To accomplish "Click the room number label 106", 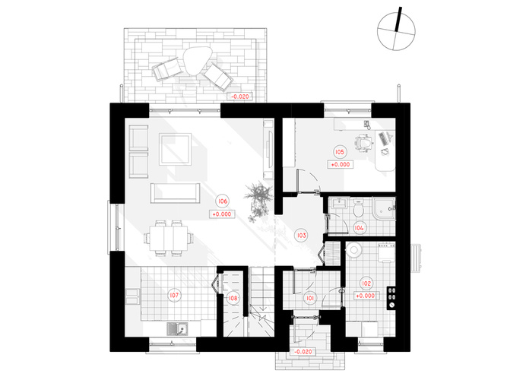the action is point(223,201).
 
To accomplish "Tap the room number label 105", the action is point(340,152).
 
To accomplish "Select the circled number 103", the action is point(301,235).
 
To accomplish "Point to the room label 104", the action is point(359,228).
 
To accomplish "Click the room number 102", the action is point(366,283).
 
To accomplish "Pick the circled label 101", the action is point(310,298).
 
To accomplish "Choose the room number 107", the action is point(174,295).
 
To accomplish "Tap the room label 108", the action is point(233,298).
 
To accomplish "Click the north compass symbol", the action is point(396,30).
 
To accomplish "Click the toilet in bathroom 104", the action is point(358,208).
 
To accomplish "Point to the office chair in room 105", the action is point(364,143).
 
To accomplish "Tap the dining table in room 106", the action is point(168,238).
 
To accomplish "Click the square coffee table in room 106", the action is point(175,149).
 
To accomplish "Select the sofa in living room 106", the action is point(175,193).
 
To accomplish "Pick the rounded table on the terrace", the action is point(198,61).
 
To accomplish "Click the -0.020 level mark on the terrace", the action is point(240,97).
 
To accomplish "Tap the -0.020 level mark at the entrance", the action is point(303,352).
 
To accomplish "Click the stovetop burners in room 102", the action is point(391,298).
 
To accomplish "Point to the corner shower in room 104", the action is point(384,208).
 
